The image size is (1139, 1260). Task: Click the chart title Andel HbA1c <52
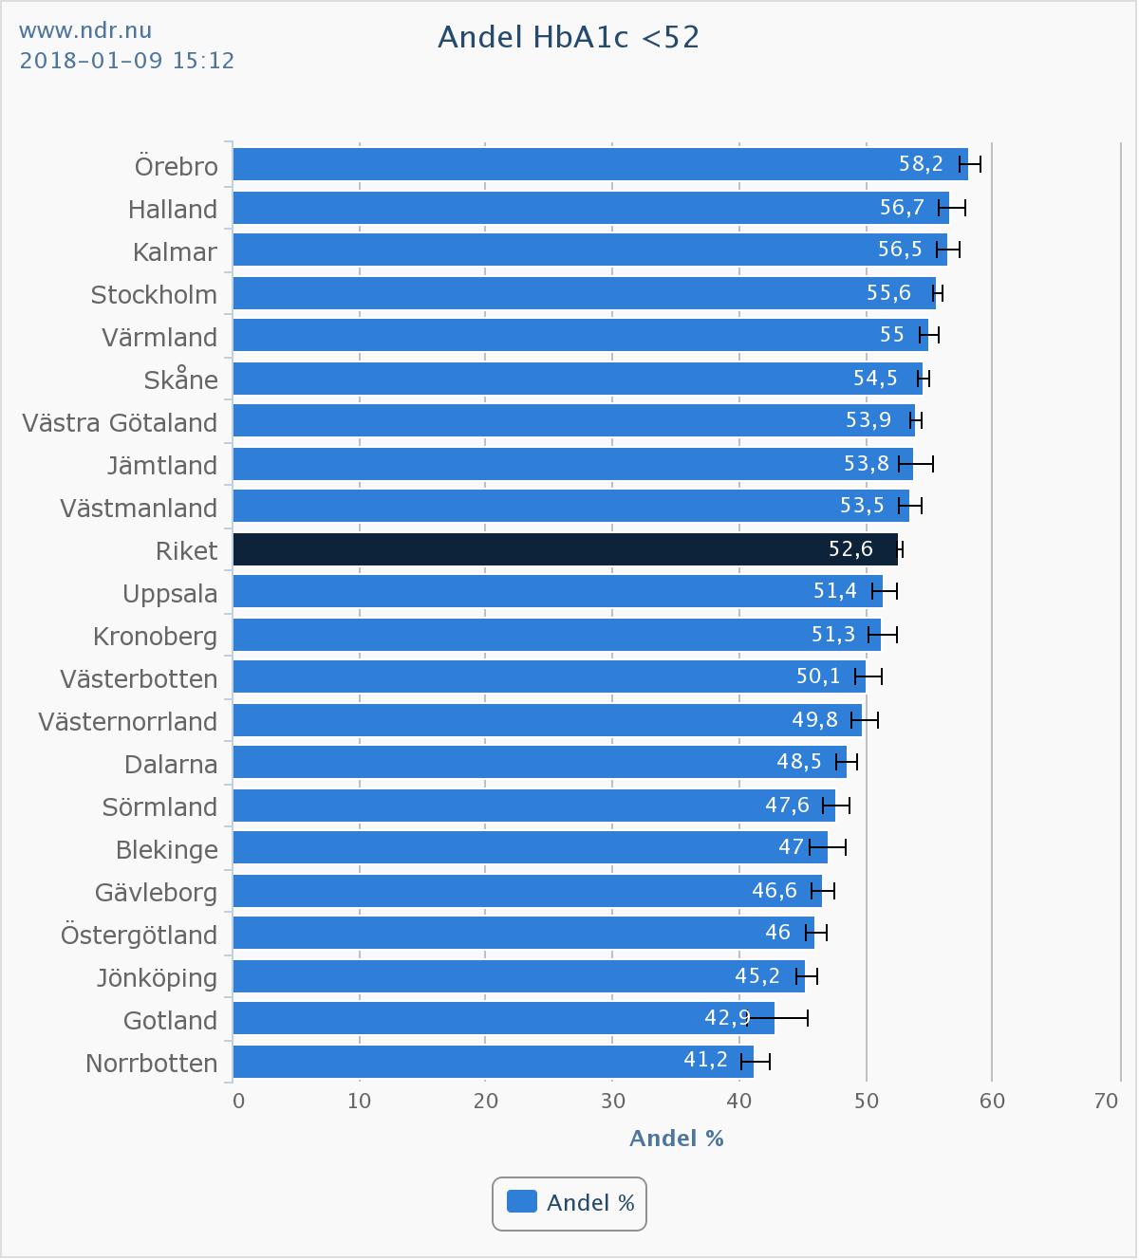[x=569, y=37]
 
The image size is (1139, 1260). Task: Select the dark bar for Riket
[x=565, y=549]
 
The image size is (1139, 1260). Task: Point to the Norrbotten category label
[x=152, y=1064]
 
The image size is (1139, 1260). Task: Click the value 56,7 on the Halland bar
[x=902, y=207]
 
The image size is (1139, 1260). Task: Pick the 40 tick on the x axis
[x=738, y=1102]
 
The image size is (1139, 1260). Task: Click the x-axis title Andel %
[x=677, y=1139]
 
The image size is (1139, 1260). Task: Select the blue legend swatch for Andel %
[x=522, y=1202]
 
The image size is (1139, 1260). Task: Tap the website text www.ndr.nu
[x=85, y=31]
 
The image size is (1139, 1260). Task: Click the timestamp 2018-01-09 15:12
[x=127, y=61]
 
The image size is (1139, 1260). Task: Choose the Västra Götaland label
[x=121, y=423]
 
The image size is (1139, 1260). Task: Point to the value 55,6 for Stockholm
[x=888, y=292]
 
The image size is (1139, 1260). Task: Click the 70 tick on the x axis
[x=1106, y=1102]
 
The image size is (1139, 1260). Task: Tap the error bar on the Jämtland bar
[x=917, y=464]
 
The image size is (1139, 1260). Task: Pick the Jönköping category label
[x=157, y=978]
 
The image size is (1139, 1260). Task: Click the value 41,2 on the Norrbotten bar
[x=705, y=1059]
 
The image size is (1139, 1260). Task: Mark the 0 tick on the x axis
[x=238, y=1102]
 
